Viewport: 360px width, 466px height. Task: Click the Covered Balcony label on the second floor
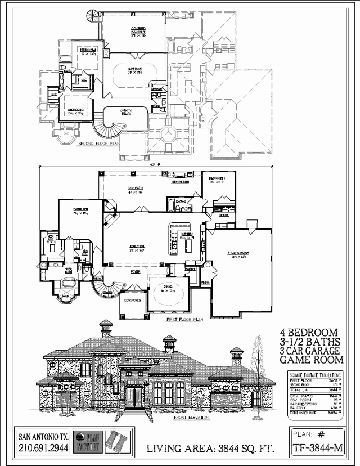click(138, 30)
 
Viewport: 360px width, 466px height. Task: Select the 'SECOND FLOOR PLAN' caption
click(99, 144)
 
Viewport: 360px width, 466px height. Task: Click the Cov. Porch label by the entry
click(132, 301)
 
